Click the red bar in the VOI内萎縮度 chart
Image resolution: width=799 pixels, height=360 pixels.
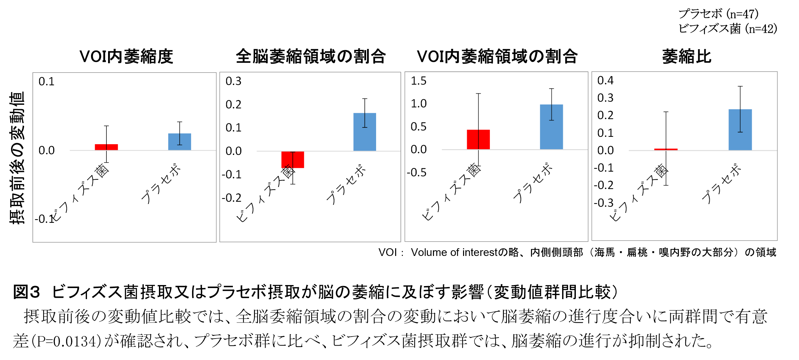point(100,147)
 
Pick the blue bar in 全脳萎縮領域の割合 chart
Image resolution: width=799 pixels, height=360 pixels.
point(364,132)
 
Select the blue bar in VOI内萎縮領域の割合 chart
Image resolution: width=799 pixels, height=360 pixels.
point(551,127)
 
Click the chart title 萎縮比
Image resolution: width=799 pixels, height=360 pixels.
point(686,57)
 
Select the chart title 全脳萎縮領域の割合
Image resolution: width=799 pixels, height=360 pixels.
point(310,57)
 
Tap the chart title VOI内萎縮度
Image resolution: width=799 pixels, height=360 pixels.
point(126,57)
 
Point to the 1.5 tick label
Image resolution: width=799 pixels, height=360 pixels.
point(418,81)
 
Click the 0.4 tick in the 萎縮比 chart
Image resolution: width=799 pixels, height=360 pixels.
point(605,81)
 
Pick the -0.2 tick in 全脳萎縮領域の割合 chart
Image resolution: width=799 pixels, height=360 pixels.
point(231,198)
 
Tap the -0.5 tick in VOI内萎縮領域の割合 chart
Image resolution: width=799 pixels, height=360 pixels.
point(417,173)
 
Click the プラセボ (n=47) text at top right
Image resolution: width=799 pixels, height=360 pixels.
point(718,14)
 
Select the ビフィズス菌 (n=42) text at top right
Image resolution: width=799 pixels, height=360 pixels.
point(727,29)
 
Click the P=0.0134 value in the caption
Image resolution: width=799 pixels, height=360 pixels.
point(68,341)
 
